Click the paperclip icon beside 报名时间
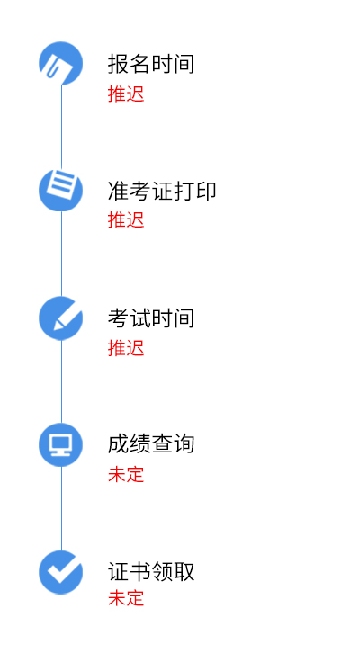pyautogui.click(x=61, y=63)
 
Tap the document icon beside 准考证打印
pyautogui.click(x=61, y=190)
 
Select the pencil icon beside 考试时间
pyautogui.click(x=61, y=318)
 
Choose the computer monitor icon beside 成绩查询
pyautogui.click(x=61, y=444)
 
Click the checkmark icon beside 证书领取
pyautogui.click(x=61, y=572)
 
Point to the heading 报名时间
pyautogui.click(x=151, y=64)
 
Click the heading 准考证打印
pyautogui.click(x=162, y=192)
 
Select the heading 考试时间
pyautogui.click(x=151, y=318)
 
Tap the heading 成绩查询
pyautogui.click(x=151, y=444)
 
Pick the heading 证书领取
pyautogui.click(x=151, y=571)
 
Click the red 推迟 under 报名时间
pyautogui.click(x=126, y=94)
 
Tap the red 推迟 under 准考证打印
pyautogui.click(x=126, y=219)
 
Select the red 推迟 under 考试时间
pyautogui.click(x=126, y=348)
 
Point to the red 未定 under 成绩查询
pyautogui.click(x=126, y=474)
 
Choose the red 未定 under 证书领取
pyautogui.click(x=126, y=598)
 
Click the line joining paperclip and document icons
pyautogui.click(x=62, y=127)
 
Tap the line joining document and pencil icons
pyautogui.click(x=62, y=254)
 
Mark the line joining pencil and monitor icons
pyautogui.click(x=62, y=381)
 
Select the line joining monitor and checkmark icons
pyautogui.click(x=62, y=508)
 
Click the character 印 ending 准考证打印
pyautogui.click(x=206, y=192)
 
